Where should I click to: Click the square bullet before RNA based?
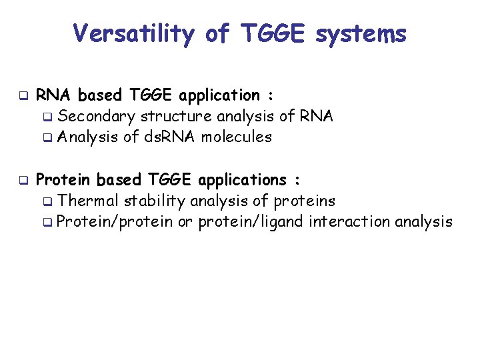(x=22, y=95)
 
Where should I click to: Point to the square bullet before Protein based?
(x=22, y=180)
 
